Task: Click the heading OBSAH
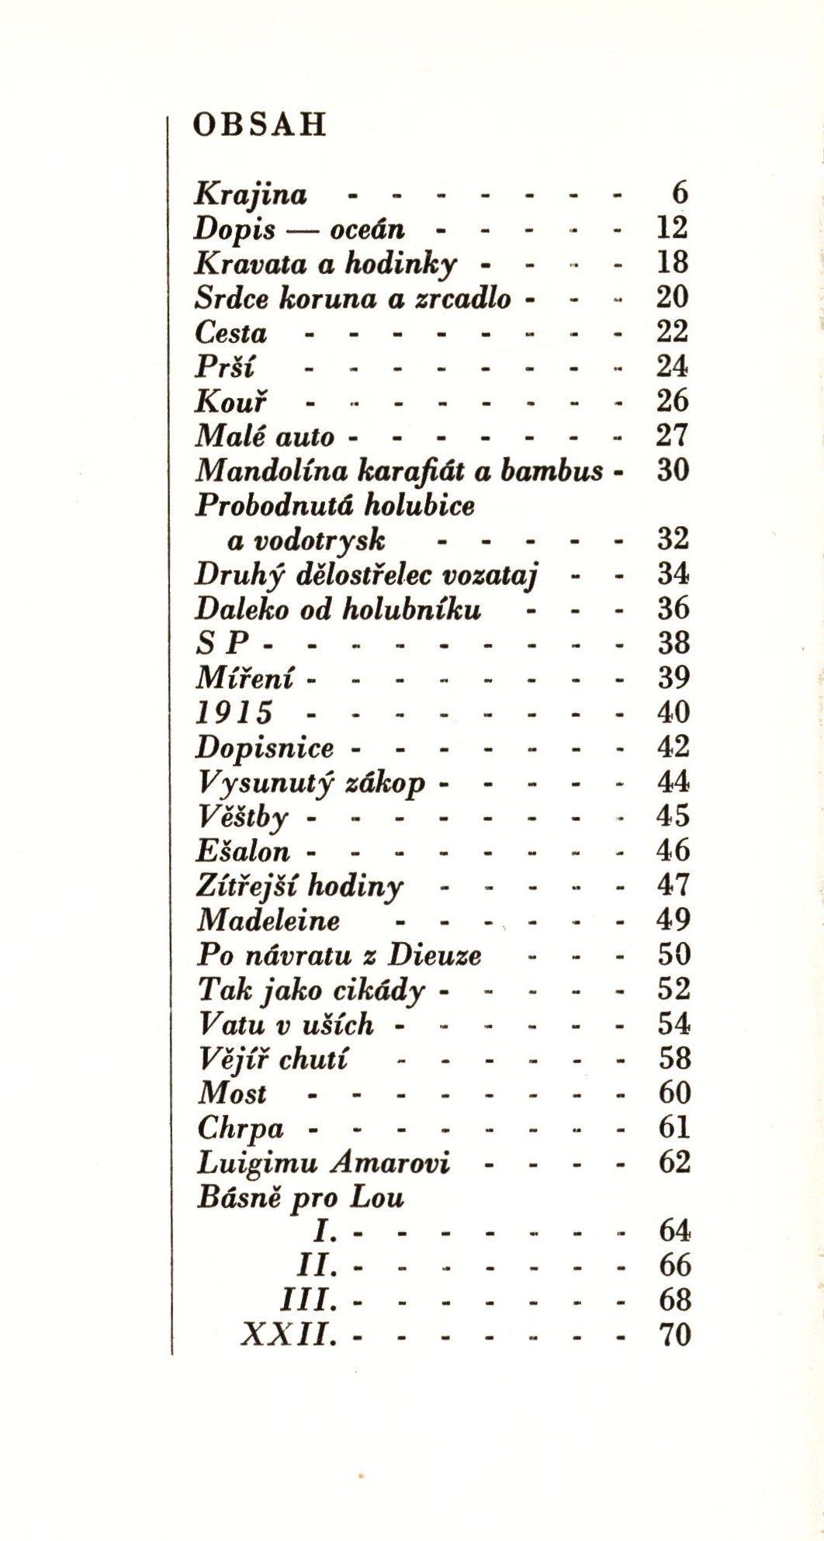[259, 125]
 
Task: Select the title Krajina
[251, 195]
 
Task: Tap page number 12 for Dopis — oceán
[672, 228]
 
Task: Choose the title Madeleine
[268, 920]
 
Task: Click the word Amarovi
[389, 1162]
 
